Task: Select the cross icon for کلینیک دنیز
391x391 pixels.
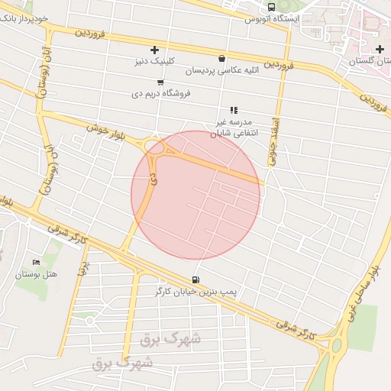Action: (155, 50)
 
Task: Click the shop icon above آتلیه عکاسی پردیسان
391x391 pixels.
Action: (221, 59)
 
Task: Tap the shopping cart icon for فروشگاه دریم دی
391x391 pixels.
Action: (160, 82)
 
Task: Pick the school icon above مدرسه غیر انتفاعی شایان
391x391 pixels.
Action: (234, 110)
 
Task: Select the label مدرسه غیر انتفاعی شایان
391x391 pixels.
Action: (239, 126)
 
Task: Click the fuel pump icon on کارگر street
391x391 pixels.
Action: (197, 280)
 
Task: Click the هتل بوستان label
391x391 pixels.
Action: (34, 273)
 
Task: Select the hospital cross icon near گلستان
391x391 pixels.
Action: (380, 50)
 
